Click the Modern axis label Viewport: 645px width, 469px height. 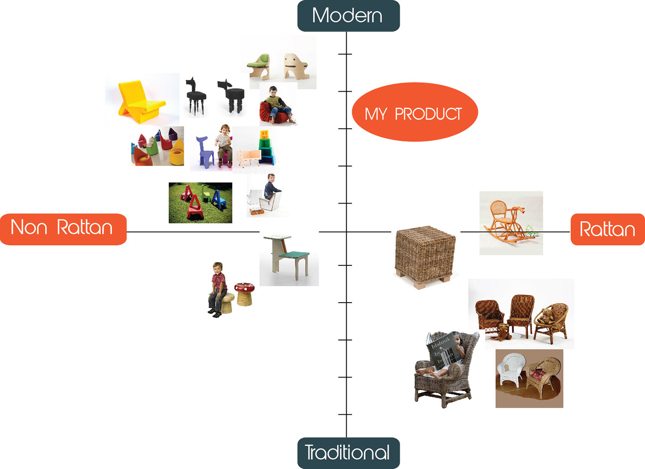[x=348, y=16]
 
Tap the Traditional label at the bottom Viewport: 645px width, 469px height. [x=348, y=453]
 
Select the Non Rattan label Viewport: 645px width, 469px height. [x=63, y=229]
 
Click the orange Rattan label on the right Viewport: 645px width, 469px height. [x=607, y=229]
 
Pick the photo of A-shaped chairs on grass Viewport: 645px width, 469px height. [x=200, y=203]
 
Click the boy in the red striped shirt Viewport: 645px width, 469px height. [x=217, y=288]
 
